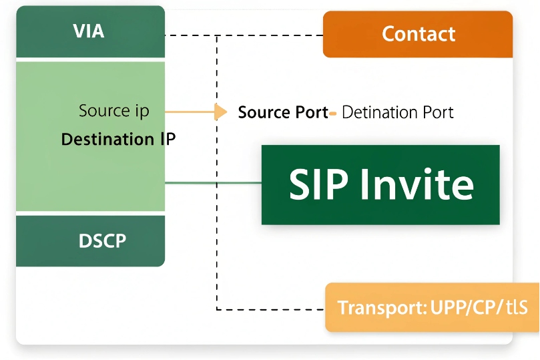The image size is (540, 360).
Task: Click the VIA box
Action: pyautogui.click(x=90, y=31)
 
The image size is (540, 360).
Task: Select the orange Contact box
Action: pyautogui.click(x=418, y=34)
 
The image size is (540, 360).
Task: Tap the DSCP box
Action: pyautogui.click(x=90, y=240)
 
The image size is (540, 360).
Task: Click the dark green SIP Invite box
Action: pyautogui.click(x=380, y=184)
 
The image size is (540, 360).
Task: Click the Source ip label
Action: pyautogui.click(x=113, y=111)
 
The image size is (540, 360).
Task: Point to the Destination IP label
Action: pyautogui.click(x=118, y=140)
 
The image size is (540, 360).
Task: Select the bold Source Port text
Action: pyautogui.click(x=283, y=112)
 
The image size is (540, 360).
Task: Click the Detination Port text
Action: pyautogui.click(x=397, y=112)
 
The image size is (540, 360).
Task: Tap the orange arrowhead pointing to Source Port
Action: pyautogui.click(x=220, y=112)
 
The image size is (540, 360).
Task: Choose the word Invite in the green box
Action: pyautogui.click(x=417, y=184)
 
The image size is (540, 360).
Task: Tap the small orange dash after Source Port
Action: pyautogui.click(x=332, y=113)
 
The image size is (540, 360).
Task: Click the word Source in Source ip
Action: pyautogui.click(x=104, y=111)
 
